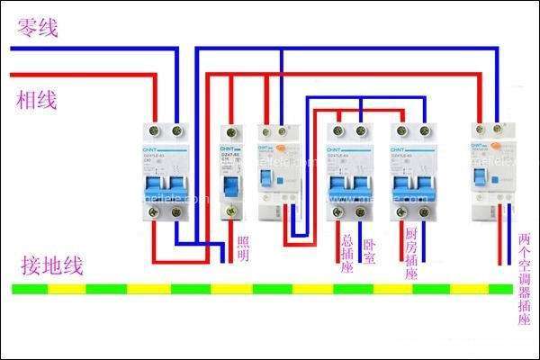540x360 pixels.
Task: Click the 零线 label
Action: pyautogui.click(x=37, y=29)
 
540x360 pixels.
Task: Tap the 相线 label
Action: pyautogui.click(x=37, y=100)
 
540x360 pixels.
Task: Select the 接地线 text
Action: pyautogui.click(x=53, y=265)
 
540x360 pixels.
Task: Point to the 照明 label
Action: pyautogui.click(x=243, y=248)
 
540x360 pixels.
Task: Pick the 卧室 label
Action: pyautogui.click(x=369, y=248)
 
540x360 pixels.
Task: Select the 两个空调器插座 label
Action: pyautogui.click(x=525, y=280)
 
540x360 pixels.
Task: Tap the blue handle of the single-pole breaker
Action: pyautogui.click(x=229, y=185)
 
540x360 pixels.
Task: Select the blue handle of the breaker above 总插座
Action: pyautogui.click(x=348, y=184)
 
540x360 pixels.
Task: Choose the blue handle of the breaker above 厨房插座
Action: pyautogui.click(x=413, y=184)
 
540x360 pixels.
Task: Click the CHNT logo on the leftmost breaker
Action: pyautogui.click(x=154, y=148)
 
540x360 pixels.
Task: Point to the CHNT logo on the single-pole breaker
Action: pyautogui.click(x=228, y=145)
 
